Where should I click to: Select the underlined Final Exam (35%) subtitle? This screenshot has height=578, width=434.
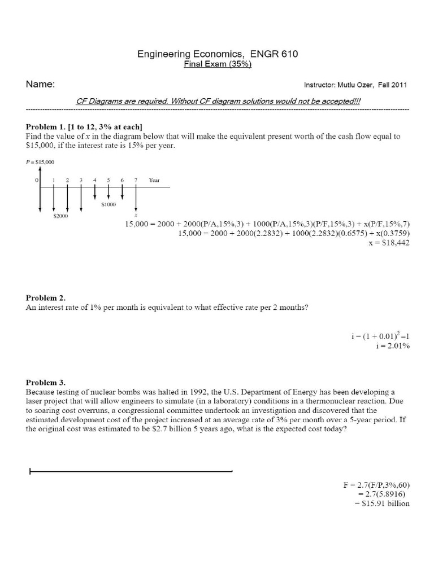click(218, 64)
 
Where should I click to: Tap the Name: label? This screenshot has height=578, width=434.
click(40, 84)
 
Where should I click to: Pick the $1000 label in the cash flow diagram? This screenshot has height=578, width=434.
click(108, 204)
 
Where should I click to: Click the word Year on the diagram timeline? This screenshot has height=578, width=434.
click(154, 181)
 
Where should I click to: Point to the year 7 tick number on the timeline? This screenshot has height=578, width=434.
click(136, 180)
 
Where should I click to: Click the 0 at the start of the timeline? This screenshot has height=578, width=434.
click(37, 180)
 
